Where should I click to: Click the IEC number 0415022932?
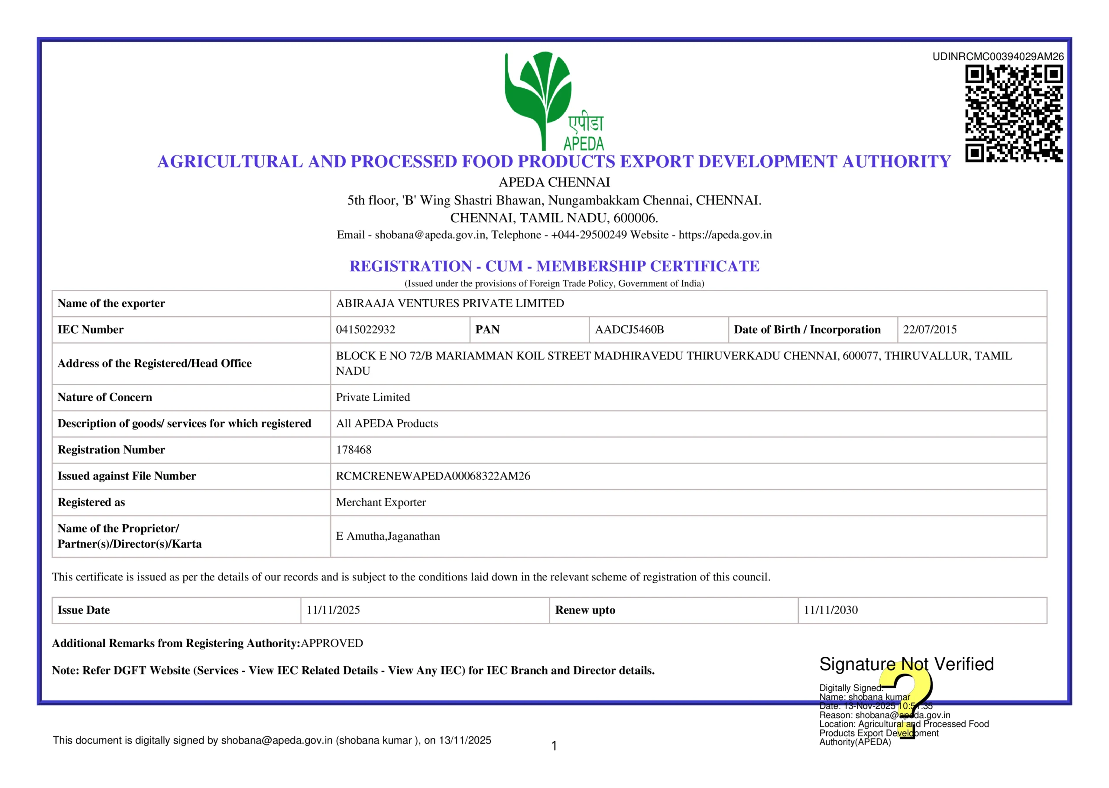click(365, 330)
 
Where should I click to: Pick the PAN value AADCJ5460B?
click(629, 330)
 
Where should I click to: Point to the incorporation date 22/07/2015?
click(930, 330)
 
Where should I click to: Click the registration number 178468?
click(353, 450)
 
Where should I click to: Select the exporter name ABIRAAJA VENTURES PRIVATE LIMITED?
click(450, 303)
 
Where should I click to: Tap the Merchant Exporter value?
click(381, 502)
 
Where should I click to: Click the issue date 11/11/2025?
click(333, 610)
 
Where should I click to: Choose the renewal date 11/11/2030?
click(830, 610)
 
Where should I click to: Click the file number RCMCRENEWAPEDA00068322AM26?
click(433, 476)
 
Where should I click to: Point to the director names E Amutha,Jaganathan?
click(388, 536)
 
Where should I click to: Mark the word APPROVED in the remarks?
click(332, 643)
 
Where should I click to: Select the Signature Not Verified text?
click(906, 664)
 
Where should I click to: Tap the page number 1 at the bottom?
click(554, 746)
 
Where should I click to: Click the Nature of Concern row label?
click(105, 397)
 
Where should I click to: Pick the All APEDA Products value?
click(387, 424)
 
